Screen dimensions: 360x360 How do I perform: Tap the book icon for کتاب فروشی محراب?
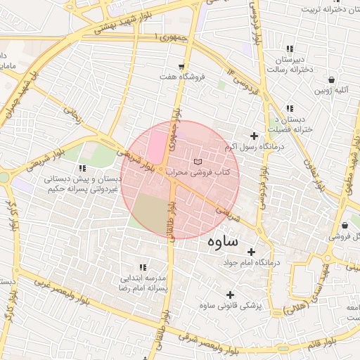(196, 162)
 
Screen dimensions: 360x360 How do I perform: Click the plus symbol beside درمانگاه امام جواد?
(251, 252)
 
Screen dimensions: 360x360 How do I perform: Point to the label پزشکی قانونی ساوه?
(230, 306)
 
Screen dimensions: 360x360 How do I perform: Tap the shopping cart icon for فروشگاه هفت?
(182, 67)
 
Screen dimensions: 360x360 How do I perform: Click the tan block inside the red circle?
(150, 212)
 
